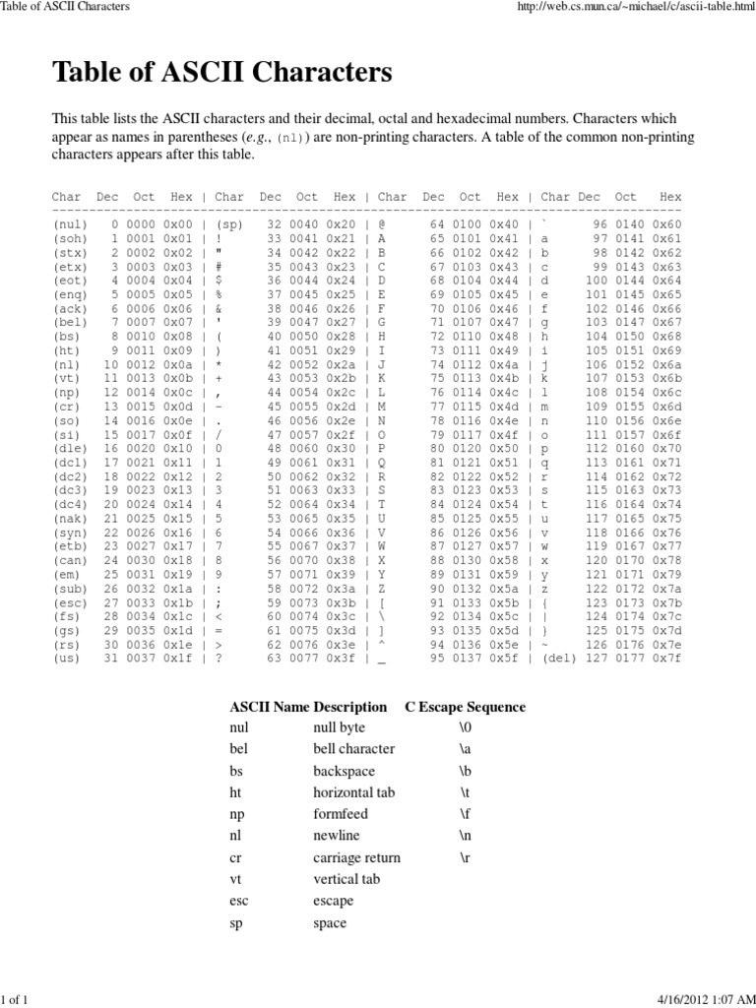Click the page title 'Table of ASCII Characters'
pyautogui.click(x=221, y=72)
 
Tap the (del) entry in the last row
pyautogui.click(x=560, y=658)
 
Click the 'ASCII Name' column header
pyautogui.click(x=269, y=707)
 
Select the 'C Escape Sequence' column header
pyautogui.click(x=465, y=707)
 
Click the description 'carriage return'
pyautogui.click(x=356, y=857)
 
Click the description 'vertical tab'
pyautogui.click(x=346, y=879)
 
